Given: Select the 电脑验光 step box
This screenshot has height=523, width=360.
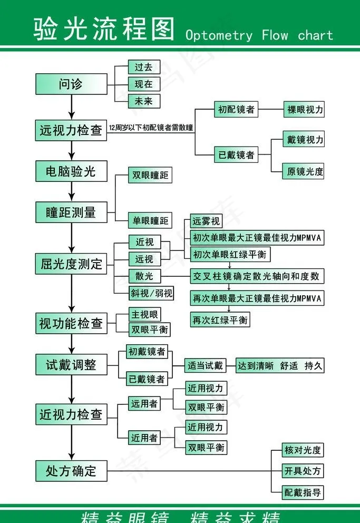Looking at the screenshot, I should coord(71,171).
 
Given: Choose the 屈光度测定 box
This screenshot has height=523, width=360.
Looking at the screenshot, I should coord(71,264).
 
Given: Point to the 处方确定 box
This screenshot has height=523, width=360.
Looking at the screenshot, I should coord(71,471).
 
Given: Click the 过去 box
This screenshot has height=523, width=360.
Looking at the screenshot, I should coord(144,67).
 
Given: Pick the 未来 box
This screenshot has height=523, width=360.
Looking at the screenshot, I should coord(144,101).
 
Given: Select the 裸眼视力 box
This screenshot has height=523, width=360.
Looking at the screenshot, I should coord(304,110).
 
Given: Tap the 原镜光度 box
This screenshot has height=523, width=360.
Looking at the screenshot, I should coord(304,171).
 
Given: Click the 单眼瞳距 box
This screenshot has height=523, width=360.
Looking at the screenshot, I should coord(150,221).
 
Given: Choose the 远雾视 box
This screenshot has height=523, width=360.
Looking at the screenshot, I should coord(205,221).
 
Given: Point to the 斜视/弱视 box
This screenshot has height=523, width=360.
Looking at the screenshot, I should coord(152,293).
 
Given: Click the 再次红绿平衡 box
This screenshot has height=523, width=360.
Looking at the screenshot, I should coord(220,319).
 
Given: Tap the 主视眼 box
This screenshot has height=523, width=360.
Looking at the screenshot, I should coord(145,315).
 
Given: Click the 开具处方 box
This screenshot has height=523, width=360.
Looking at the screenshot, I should coord(303,471).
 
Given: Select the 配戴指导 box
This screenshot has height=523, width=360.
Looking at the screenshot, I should coord(303,492).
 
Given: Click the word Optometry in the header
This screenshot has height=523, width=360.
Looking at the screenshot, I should coord(219,35).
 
